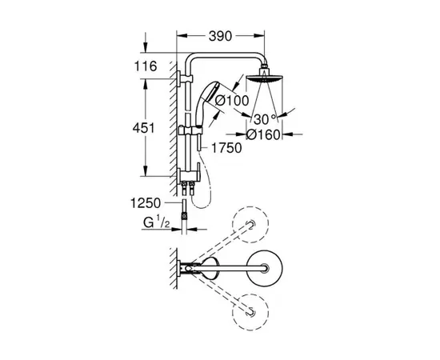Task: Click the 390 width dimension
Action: (x=220, y=36)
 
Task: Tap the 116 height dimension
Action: (x=146, y=66)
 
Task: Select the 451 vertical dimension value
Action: (x=143, y=128)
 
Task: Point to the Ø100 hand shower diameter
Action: (x=232, y=101)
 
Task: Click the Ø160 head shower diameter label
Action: (x=263, y=135)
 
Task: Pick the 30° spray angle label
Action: (x=265, y=119)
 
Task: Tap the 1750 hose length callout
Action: (x=226, y=148)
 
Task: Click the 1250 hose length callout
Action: (x=146, y=203)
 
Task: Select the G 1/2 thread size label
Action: (x=157, y=222)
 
